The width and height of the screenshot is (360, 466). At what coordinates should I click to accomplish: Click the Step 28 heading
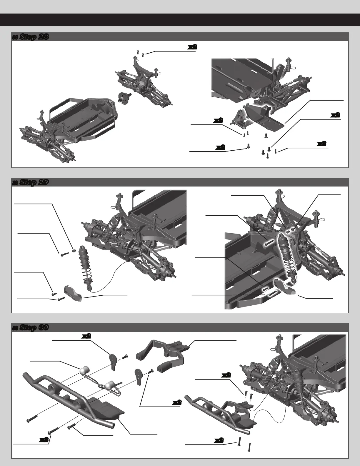coord(30,37)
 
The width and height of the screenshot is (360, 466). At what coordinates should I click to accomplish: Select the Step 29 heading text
coord(30,182)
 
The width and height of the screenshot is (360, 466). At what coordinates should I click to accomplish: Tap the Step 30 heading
coord(30,327)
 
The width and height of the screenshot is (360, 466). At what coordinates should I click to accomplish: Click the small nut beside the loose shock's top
coord(74,250)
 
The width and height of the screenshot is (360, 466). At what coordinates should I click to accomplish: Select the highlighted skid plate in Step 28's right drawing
coord(264,116)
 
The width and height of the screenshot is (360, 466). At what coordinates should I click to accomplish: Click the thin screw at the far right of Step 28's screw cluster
coord(276,151)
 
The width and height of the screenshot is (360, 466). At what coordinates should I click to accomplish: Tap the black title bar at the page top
coord(180,20)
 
